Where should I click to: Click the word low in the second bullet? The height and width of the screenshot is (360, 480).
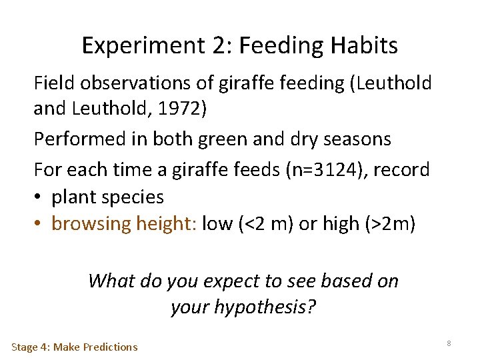point(216,224)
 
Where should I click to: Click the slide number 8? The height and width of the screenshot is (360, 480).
point(449,343)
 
